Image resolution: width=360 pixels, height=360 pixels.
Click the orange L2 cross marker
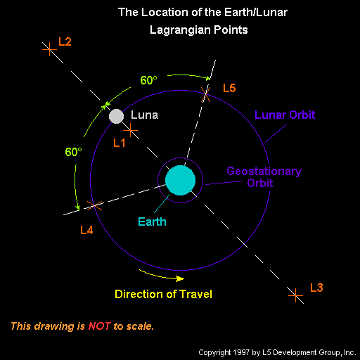pos(49,49)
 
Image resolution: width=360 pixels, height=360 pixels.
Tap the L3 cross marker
pos(296,295)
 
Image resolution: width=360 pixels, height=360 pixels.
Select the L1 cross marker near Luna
pos(130,130)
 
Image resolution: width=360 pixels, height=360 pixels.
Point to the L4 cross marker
pos(94,205)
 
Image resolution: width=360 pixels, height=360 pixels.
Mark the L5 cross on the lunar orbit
pos(205,94)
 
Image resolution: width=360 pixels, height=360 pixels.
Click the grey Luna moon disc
pos(116,116)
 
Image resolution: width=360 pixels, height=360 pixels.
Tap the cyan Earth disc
pos(180,180)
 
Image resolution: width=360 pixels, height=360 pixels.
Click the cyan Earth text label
pos(152,221)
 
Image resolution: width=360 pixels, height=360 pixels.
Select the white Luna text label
pos(144,115)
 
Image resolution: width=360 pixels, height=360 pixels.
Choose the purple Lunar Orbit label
pos(285,115)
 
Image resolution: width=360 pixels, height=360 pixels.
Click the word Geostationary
pos(264,172)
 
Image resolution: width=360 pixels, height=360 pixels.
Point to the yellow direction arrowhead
pos(180,278)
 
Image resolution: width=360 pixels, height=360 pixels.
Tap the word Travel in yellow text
pos(195,294)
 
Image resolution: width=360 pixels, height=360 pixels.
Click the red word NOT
pos(99,326)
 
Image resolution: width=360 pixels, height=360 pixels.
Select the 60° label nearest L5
pos(148,80)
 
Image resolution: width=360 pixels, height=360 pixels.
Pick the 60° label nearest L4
pos(73,152)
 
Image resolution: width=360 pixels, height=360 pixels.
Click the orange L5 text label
pos(229,88)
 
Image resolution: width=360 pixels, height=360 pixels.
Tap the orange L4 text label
pos(86,230)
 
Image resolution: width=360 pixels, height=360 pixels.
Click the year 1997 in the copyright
pos(241,352)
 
